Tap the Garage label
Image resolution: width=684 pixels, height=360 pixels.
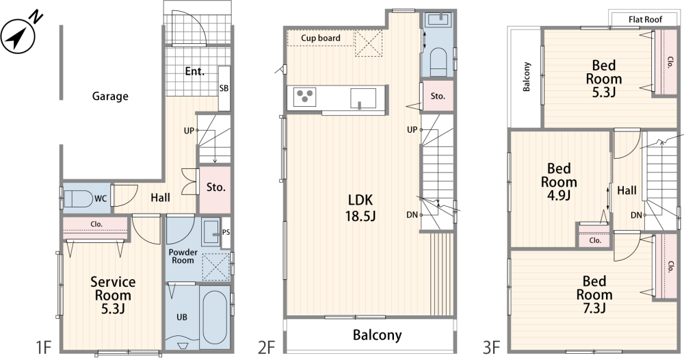coord(110,96)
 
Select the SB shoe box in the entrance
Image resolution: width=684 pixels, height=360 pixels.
coord(224,88)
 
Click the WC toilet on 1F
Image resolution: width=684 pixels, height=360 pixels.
coord(79,199)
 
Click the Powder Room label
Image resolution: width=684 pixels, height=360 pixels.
coord(183,256)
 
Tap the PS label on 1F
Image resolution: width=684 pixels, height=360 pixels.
coord(226,233)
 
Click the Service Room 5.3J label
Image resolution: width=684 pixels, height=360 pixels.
coord(113,295)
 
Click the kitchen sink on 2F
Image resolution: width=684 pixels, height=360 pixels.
coord(363,98)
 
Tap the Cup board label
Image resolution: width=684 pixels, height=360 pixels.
coord(321,38)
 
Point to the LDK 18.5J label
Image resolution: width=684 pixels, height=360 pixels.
coord(360,207)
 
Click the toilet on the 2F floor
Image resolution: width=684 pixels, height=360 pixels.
coord(438,61)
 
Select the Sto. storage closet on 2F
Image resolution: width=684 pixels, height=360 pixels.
coord(437,96)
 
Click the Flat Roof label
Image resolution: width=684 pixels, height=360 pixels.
coord(645,20)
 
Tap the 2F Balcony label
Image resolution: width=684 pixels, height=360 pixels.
coord(377,335)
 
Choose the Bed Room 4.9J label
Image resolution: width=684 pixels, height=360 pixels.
coord(559,181)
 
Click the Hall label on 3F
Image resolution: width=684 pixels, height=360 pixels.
coord(627,190)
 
